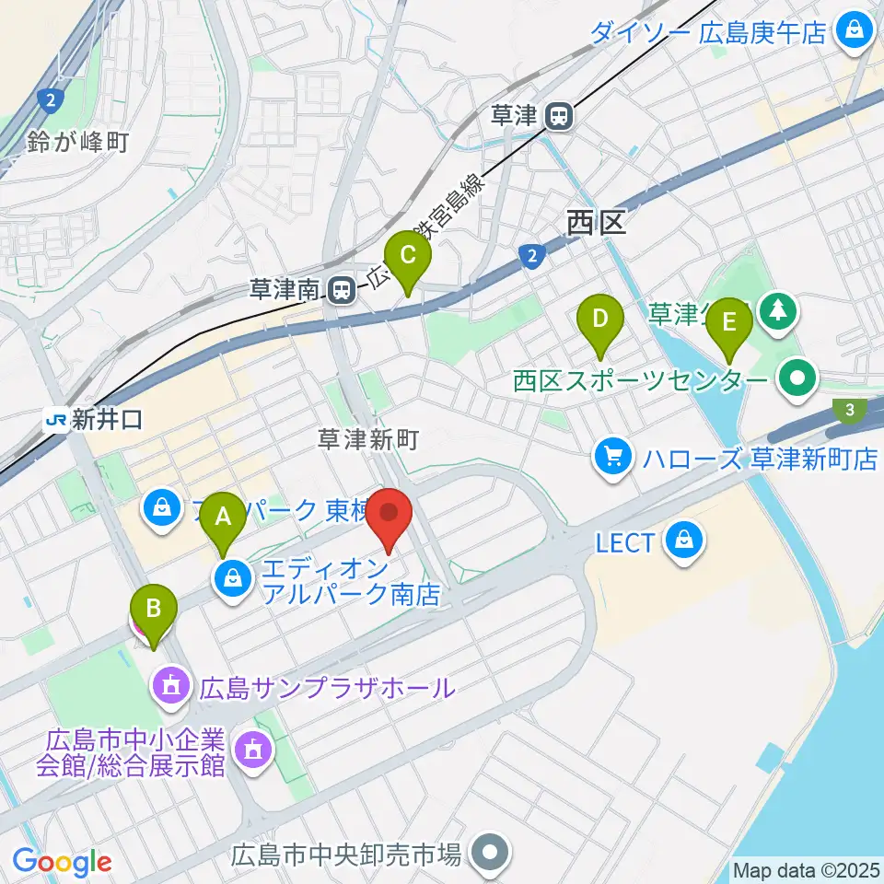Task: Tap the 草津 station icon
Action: [559, 116]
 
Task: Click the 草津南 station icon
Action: [341, 291]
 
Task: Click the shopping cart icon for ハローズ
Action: [612, 458]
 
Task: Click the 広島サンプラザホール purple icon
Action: [170, 687]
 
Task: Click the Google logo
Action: [62, 862]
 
